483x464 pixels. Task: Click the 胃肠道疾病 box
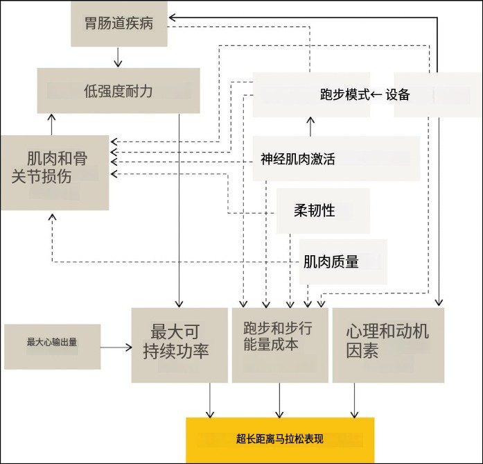coord(119,24)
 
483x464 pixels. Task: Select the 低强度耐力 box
coord(118,91)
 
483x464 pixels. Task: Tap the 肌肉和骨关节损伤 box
coord(55,171)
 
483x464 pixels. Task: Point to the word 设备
coord(398,95)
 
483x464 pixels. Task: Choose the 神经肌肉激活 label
coord(298,159)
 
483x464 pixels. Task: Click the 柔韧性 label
coord(315,210)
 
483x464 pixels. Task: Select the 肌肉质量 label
coord(331,261)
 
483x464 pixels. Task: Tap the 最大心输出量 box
coord(52,342)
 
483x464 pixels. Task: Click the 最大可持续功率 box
coord(179,344)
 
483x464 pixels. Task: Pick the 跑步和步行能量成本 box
coord(279,344)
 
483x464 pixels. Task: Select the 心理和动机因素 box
coord(387,344)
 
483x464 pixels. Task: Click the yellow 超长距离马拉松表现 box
coord(280,439)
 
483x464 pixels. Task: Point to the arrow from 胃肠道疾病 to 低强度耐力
coord(118,57)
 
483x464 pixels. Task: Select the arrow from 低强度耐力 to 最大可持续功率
coord(179,208)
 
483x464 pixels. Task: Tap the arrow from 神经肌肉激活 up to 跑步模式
coord(310,126)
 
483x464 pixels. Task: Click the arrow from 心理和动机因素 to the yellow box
coord(355,400)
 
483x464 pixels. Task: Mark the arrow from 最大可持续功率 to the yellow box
coord(209,400)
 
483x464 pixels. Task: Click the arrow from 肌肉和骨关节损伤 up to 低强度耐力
coord(51,124)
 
